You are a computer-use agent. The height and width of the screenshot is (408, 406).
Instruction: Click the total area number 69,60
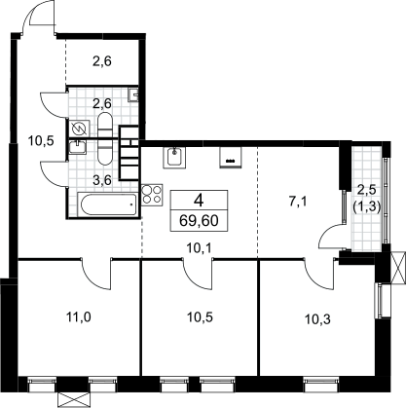coord(199,221)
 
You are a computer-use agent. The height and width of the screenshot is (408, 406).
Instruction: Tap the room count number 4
coord(199,202)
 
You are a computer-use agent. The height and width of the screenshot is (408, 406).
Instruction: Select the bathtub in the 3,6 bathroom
coord(109,204)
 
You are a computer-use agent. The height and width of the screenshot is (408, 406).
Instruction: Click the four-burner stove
coord(152,195)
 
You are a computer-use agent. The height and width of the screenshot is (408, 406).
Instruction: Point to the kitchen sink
coord(174,158)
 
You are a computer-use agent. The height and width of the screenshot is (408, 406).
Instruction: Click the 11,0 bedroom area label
coord(79,316)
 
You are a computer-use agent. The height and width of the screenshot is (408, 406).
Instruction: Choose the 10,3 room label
coord(317,319)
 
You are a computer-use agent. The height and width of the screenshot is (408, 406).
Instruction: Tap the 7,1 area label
coord(298,202)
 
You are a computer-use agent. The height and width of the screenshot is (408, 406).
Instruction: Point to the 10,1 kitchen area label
coord(200,249)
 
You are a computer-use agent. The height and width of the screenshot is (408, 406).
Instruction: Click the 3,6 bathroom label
coord(102,180)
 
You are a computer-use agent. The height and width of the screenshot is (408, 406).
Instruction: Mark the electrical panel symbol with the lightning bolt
coord(79,129)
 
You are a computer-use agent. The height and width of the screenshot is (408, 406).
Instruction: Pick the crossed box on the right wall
coord(398,268)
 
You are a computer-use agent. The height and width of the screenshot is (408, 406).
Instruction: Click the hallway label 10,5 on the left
coord(41,141)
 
